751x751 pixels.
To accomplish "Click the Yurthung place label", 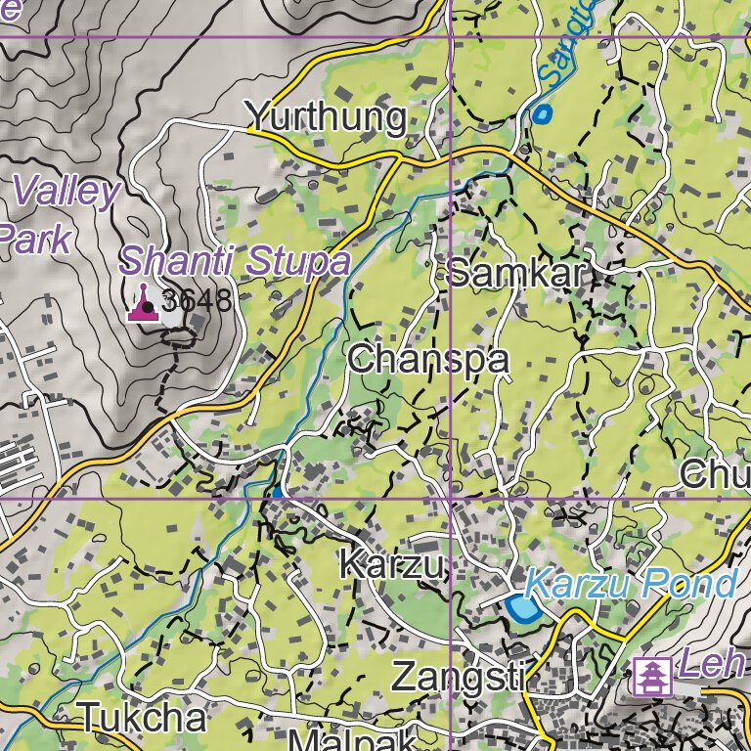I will pyautogui.click(x=326, y=117).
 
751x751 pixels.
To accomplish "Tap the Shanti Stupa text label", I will pyautogui.click(x=235, y=261).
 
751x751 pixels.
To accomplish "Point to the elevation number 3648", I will pyautogui.click(x=198, y=301).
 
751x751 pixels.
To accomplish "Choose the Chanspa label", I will pyautogui.click(x=428, y=360).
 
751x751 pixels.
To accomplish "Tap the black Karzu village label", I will pyautogui.click(x=392, y=564).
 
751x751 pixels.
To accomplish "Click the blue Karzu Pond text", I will pyautogui.click(x=630, y=584).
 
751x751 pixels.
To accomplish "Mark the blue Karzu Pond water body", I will pyautogui.click(x=521, y=609).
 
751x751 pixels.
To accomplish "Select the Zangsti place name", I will pyautogui.click(x=460, y=677).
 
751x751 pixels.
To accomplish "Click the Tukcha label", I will pyautogui.click(x=143, y=718).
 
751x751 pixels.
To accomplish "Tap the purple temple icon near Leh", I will pyautogui.click(x=650, y=677).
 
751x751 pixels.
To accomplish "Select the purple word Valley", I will pyautogui.click(x=66, y=191).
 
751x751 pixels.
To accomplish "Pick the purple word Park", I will pyautogui.click(x=35, y=239).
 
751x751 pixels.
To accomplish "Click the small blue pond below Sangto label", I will pyautogui.click(x=542, y=115).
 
